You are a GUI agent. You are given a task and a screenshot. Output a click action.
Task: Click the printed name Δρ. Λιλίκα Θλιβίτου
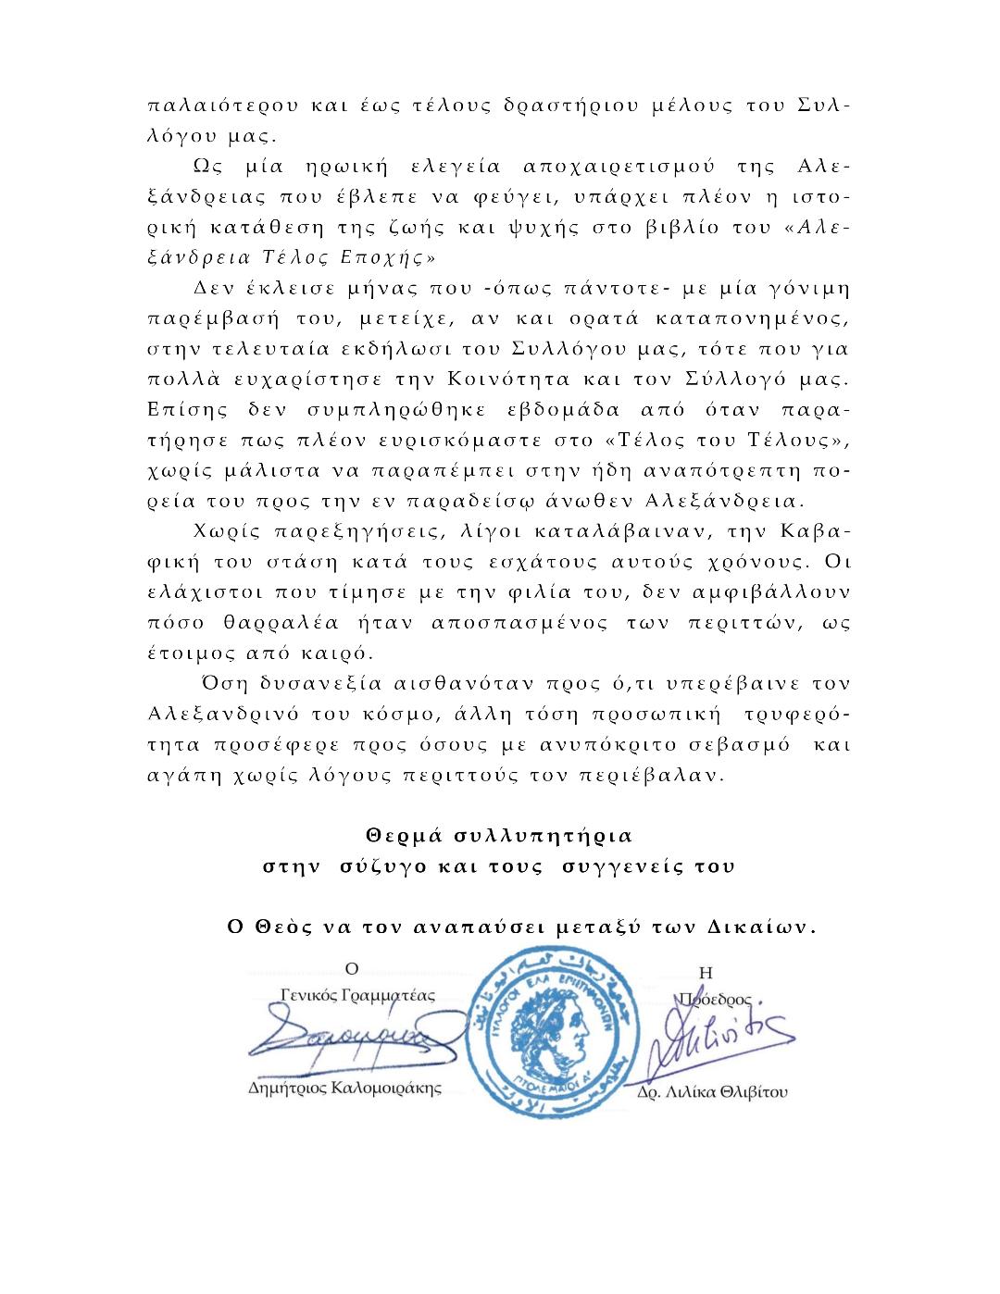[712, 1092]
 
